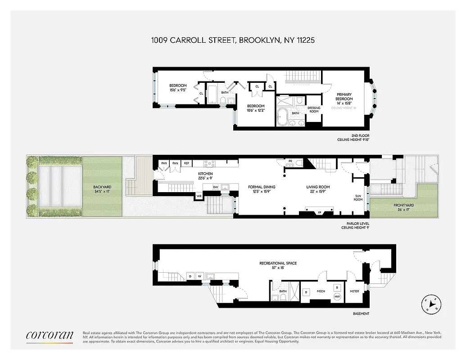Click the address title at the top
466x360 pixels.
[232, 40]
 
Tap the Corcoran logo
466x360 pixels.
[49, 335]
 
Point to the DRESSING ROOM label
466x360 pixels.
[314, 110]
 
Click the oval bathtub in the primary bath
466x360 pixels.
[284, 116]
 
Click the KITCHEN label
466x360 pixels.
[205, 174]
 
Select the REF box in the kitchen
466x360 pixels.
[186, 163]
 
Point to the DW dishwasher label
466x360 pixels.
[216, 187]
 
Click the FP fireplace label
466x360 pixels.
[320, 212]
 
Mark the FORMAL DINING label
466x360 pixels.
[262, 187]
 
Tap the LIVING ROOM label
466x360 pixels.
[318, 187]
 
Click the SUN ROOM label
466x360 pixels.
[358, 197]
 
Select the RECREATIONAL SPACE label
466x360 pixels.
[278, 263]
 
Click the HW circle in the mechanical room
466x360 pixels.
[337, 296]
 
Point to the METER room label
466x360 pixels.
[354, 291]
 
